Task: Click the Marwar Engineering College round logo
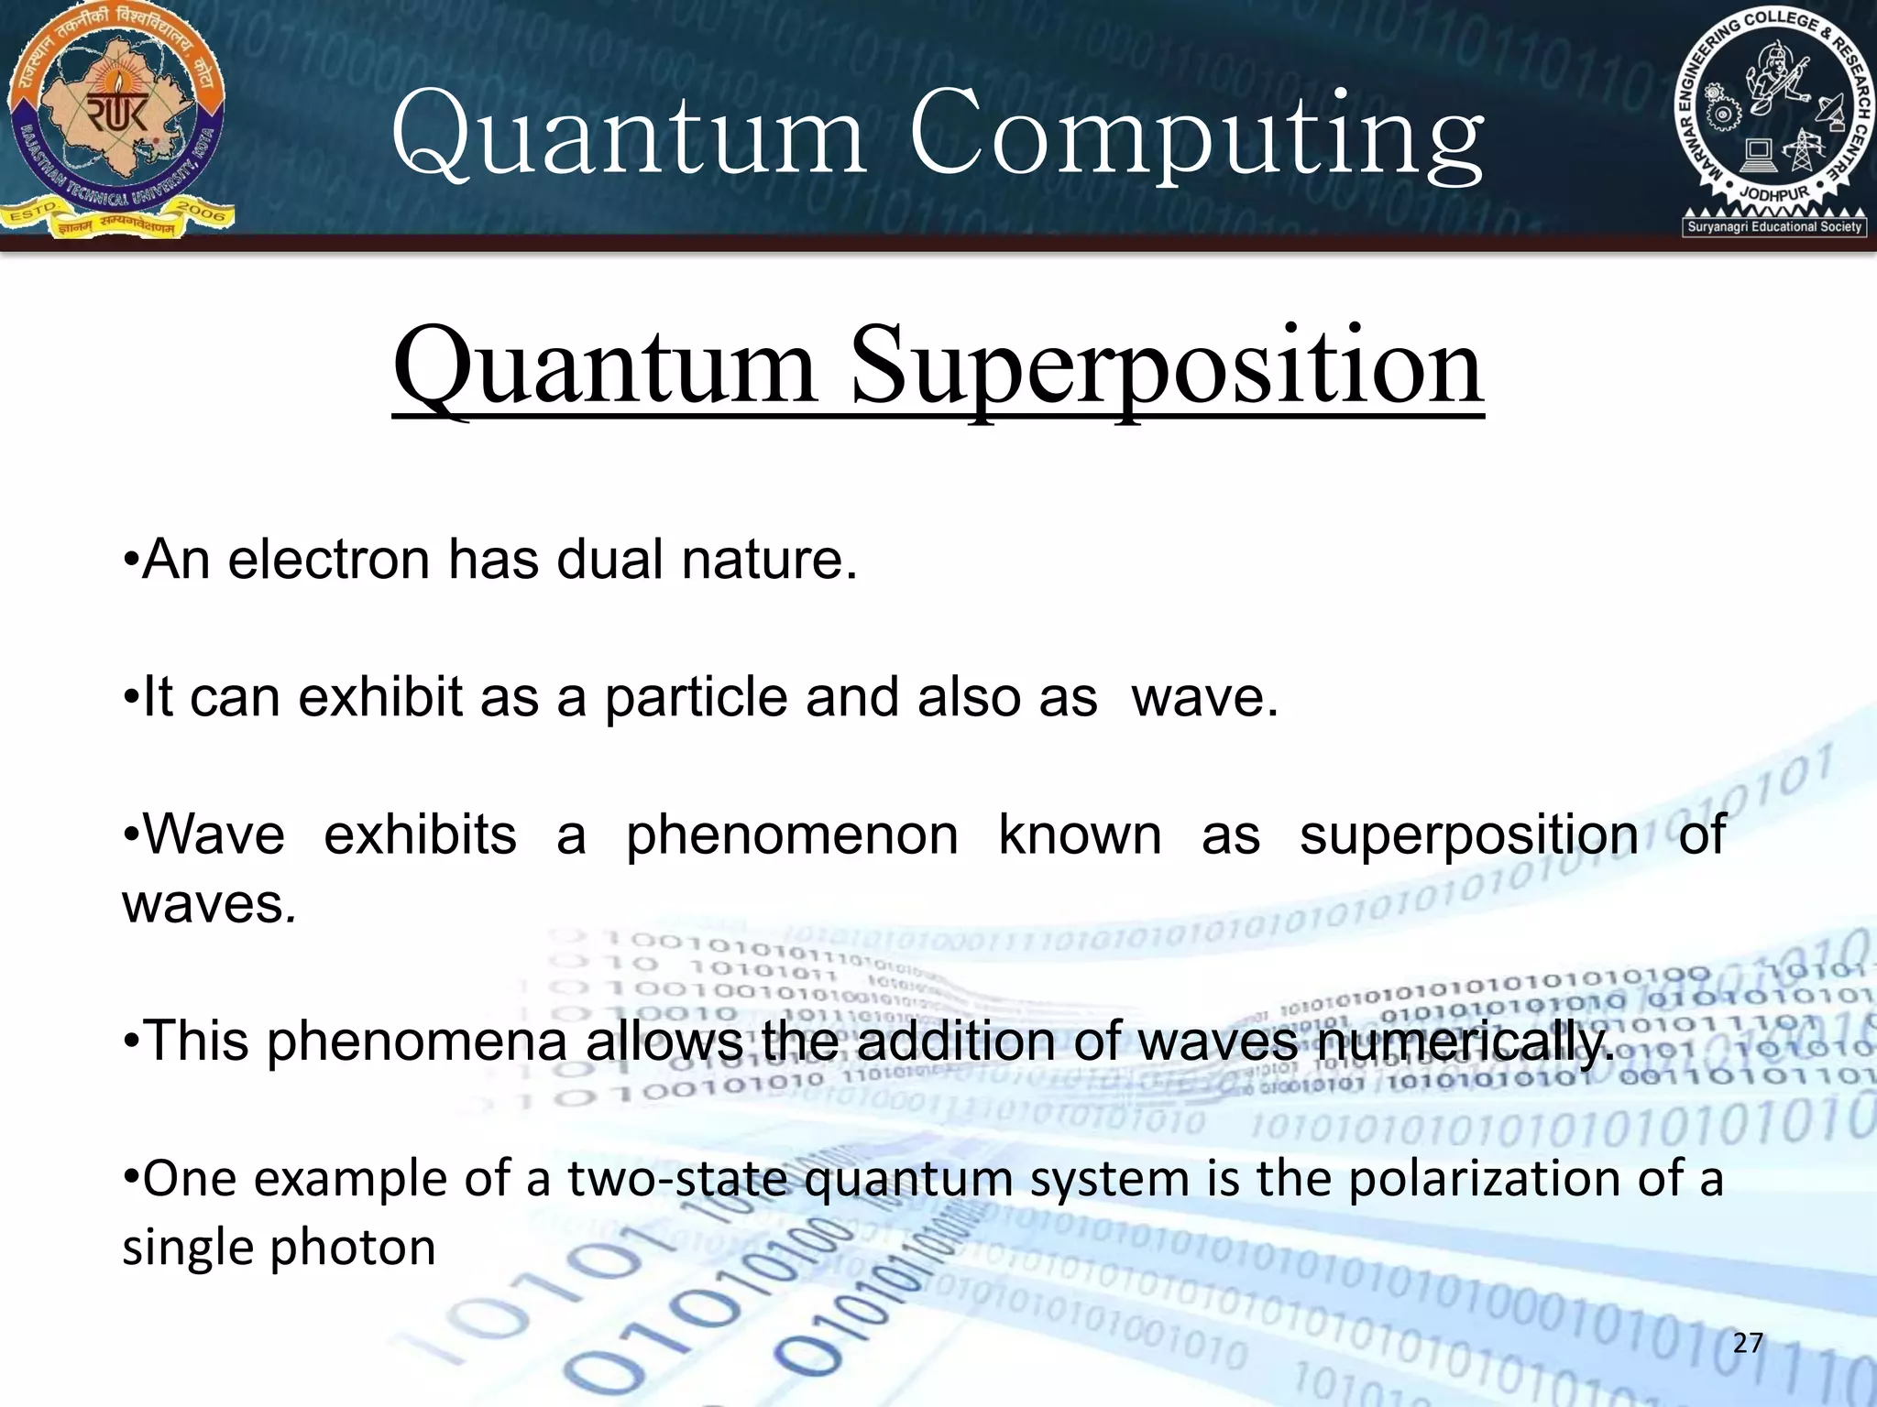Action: coord(1773,115)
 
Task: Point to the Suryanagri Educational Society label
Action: coord(1774,226)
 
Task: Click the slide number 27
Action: coord(1748,1343)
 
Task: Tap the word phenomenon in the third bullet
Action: coord(792,835)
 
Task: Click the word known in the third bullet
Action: coord(1080,835)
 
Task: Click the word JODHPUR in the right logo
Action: coord(1774,195)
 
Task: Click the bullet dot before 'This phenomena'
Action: coord(131,1042)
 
